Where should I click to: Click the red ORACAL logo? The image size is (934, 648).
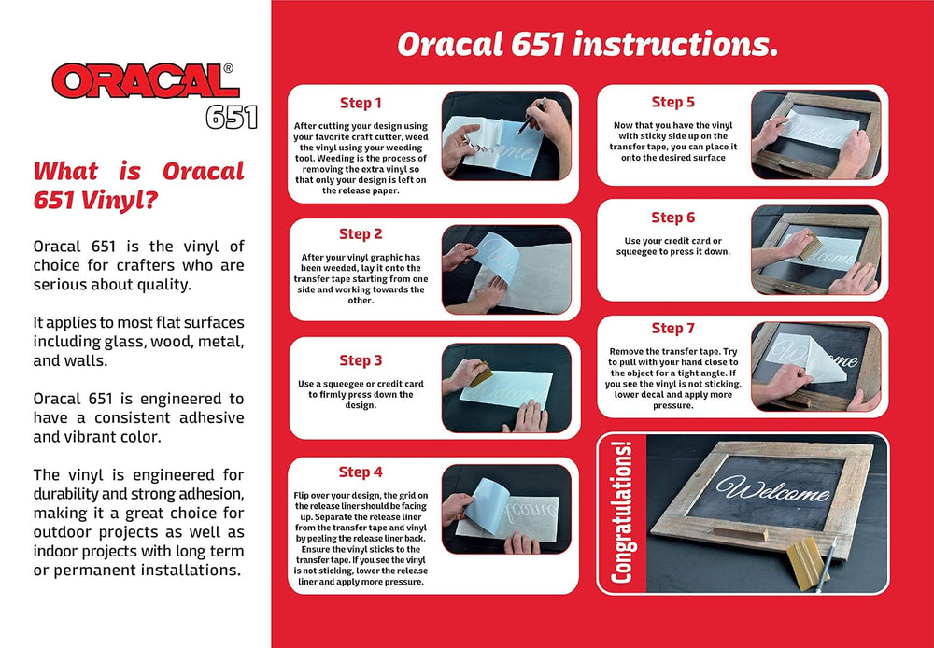tap(146, 81)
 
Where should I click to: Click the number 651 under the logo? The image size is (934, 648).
tap(232, 117)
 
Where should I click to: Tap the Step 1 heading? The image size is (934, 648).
tap(361, 103)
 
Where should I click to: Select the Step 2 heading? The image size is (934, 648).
tap(361, 234)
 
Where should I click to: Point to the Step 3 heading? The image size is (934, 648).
tap(361, 360)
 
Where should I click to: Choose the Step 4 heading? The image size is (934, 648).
tap(361, 472)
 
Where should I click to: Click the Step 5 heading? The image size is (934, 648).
tap(673, 102)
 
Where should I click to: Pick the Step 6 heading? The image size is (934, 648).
tap(673, 218)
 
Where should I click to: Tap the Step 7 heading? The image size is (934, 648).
tap(673, 328)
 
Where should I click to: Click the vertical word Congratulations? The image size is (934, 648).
tap(621, 513)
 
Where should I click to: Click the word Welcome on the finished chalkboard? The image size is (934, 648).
tap(773, 489)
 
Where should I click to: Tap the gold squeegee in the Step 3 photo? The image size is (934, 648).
tap(481, 374)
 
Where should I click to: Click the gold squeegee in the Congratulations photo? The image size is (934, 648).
tap(807, 563)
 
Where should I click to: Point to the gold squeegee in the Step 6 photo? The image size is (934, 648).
tap(810, 247)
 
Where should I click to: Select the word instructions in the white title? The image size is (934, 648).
tap(675, 45)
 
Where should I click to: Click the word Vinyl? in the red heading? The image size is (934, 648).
tap(120, 202)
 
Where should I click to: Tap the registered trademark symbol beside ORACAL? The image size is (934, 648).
tap(228, 68)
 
